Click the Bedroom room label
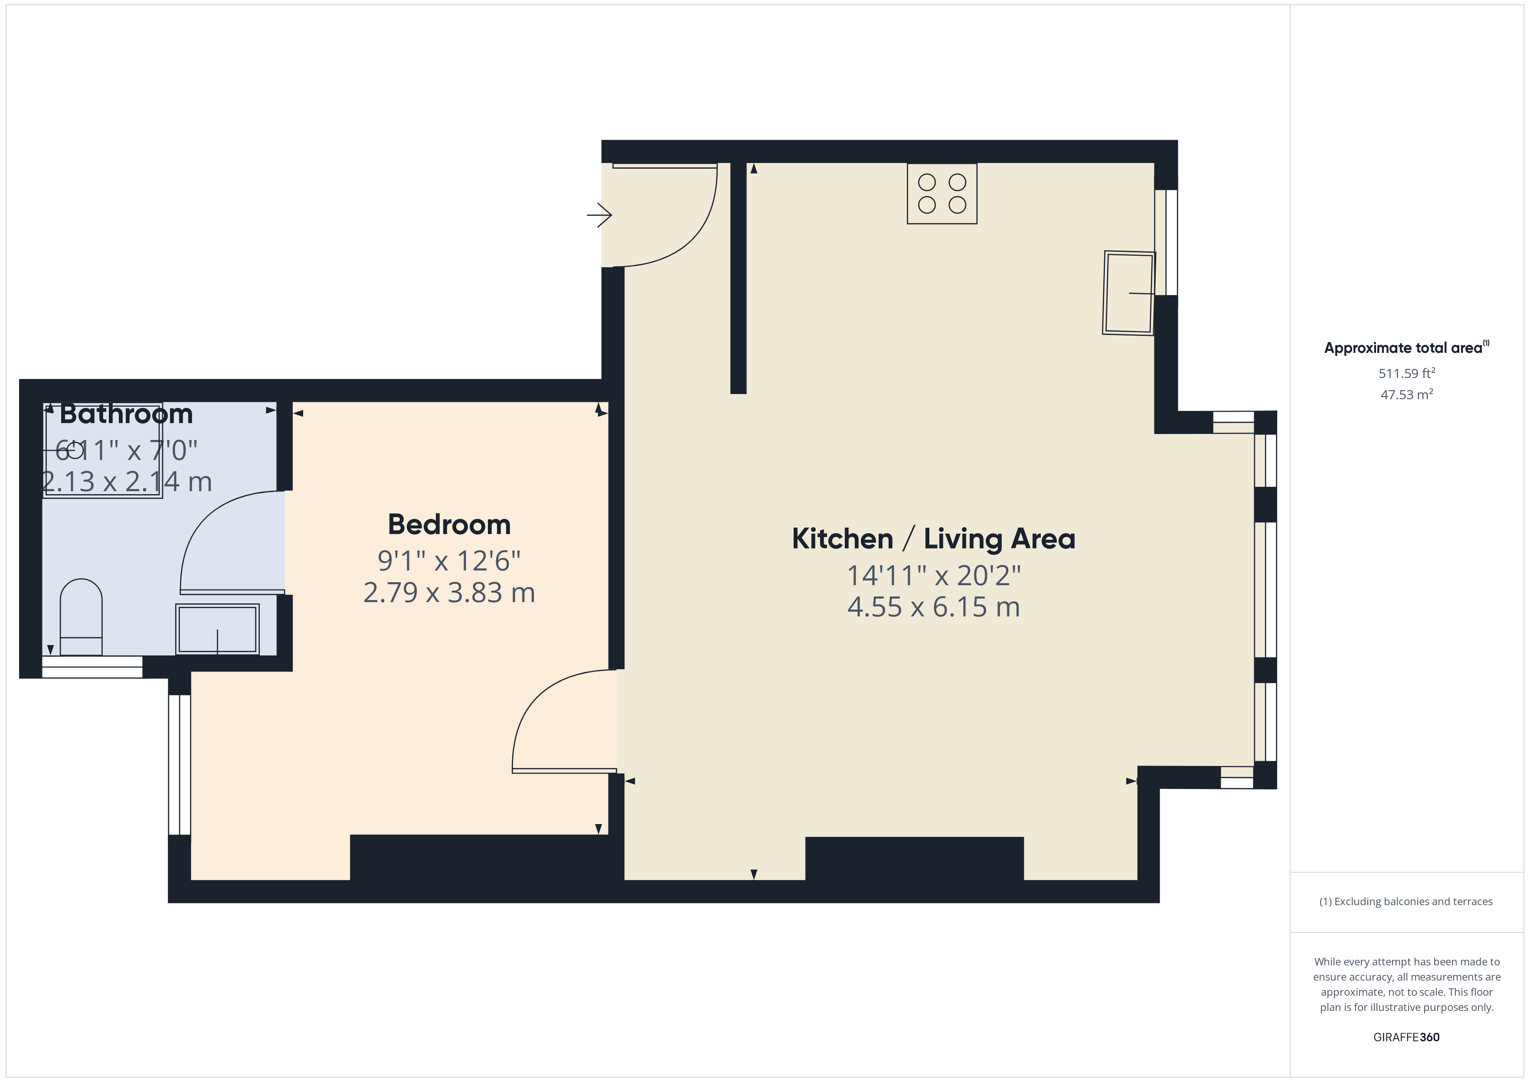pyautogui.click(x=449, y=525)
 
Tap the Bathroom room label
pyautogui.click(x=127, y=414)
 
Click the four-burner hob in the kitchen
pyautogui.click(x=942, y=193)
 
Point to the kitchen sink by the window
pyautogui.click(x=1129, y=293)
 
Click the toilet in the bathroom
pyautogui.click(x=81, y=617)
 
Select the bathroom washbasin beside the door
pyautogui.click(x=217, y=629)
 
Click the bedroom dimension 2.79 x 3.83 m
pyautogui.click(x=449, y=592)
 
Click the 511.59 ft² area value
pyautogui.click(x=1407, y=373)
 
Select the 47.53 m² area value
pyautogui.click(x=1407, y=394)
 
